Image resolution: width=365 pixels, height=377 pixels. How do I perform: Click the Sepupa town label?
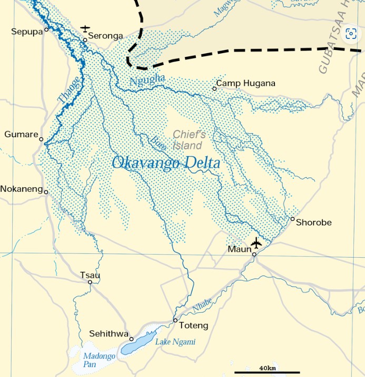click(x=26, y=32)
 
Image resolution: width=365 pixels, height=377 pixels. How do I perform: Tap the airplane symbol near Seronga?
click(x=85, y=28)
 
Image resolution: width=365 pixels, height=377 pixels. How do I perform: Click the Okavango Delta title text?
click(x=166, y=163)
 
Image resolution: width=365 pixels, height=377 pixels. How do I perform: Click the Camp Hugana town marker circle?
click(x=214, y=88)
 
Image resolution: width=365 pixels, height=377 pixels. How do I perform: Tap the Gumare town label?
click(x=21, y=135)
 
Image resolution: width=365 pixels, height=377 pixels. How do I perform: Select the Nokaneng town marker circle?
click(x=46, y=192)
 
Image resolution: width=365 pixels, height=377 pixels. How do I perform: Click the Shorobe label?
click(x=313, y=222)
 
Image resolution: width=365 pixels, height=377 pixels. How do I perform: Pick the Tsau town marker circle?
click(x=90, y=282)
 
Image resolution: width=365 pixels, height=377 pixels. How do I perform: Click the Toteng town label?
click(x=193, y=325)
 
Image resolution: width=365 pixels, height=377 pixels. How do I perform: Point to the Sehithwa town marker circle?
click(x=132, y=339)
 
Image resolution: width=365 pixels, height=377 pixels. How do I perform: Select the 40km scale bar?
click(x=267, y=372)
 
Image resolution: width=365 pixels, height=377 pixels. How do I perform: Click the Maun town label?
click(x=239, y=249)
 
